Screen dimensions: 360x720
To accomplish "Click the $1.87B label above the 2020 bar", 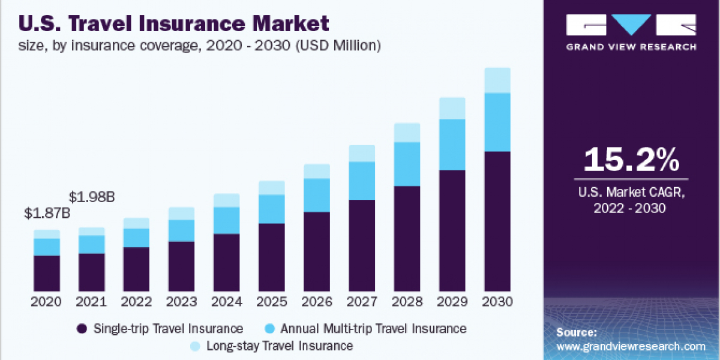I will (x=47, y=213).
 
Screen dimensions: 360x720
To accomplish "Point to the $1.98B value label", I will (x=92, y=197).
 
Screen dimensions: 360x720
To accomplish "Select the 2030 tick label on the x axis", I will (x=497, y=301).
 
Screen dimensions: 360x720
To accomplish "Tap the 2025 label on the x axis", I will (x=272, y=301).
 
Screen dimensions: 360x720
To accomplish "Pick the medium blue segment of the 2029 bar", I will (x=452, y=145).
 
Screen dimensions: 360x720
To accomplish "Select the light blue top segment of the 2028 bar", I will (x=407, y=133).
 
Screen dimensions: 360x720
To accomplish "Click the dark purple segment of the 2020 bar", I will (x=47, y=273).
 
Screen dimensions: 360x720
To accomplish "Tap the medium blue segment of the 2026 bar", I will (x=317, y=195).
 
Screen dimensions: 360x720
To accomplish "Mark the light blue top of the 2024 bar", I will (x=227, y=200).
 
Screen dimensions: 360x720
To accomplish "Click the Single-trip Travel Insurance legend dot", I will (x=82, y=329).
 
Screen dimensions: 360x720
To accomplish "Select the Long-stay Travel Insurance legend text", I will (x=280, y=346).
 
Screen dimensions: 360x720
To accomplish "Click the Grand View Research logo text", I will (x=631, y=47).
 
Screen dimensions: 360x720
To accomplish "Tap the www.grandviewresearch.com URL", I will (x=631, y=346).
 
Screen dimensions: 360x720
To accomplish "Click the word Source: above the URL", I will (x=577, y=332).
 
